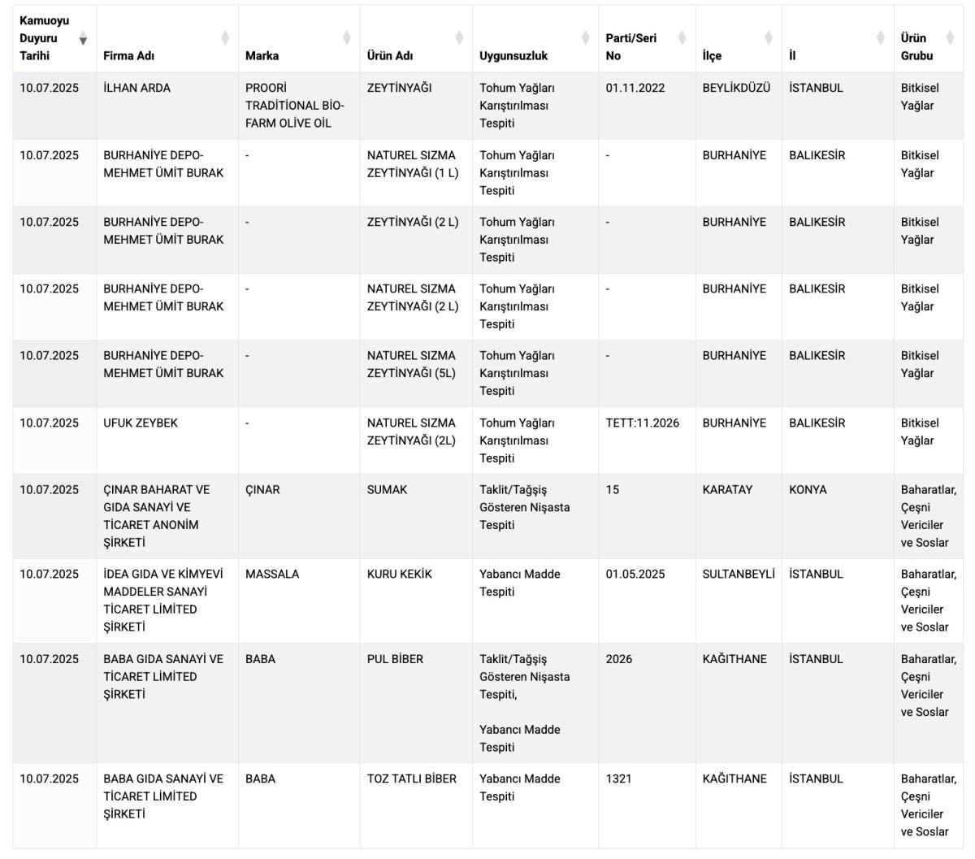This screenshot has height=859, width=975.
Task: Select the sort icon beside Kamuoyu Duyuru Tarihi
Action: point(83,39)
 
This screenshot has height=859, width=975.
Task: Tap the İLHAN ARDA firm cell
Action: point(136,88)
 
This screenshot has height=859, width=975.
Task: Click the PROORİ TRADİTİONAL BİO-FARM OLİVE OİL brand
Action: point(294,106)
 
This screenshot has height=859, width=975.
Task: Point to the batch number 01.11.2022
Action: point(635,88)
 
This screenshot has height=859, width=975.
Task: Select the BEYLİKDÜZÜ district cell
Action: point(736,88)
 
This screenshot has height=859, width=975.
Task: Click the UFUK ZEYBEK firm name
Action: point(140,423)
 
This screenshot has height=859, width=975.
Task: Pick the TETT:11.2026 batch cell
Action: point(642,423)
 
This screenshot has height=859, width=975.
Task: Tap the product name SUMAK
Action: point(387,490)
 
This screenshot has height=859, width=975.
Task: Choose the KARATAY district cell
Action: point(727,490)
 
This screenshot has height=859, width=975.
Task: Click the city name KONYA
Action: point(808,490)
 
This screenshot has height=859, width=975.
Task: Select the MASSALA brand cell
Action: point(272,574)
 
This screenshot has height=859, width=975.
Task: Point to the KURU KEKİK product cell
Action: point(399,574)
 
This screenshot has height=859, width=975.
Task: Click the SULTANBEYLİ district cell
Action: point(739,574)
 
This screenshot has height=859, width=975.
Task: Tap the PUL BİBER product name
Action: point(395,659)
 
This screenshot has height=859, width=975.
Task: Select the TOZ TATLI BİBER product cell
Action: point(411,779)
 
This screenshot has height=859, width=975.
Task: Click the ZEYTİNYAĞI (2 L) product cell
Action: point(412,222)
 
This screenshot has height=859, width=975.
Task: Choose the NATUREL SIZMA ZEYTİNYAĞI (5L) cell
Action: point(412,364)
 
